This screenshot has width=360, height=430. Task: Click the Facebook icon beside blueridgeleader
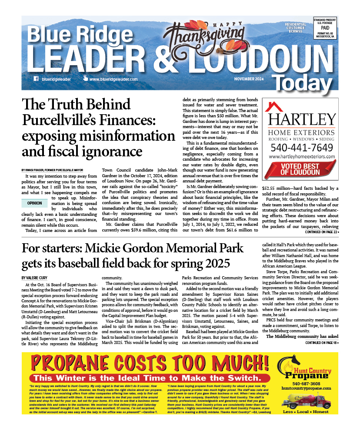(36, 79)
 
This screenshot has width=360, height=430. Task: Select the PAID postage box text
(325, 27)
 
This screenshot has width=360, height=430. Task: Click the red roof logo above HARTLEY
(274, 106)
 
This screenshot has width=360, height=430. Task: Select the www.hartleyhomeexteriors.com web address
(302, 156)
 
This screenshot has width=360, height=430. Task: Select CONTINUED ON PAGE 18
(322, 331)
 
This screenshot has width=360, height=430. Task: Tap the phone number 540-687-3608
(307, 384)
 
